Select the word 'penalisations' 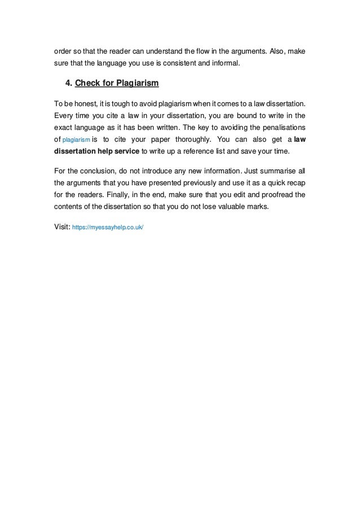click(283, 127)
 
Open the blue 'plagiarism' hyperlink click(75, 139)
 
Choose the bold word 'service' click(123, 150)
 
